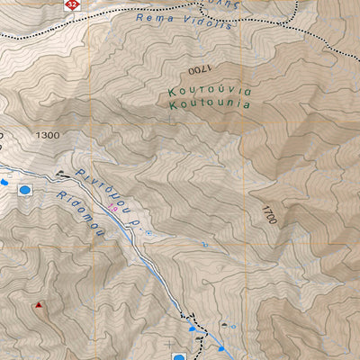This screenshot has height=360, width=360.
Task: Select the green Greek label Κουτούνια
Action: [x=208, y=92]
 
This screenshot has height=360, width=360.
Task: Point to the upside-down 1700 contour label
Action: [x=196, y=69]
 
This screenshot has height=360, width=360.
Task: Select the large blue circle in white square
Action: [x=24, y=190]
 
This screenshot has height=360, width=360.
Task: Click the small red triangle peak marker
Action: [x=39, y=305]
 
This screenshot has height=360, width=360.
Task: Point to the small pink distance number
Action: [x=112, y=209]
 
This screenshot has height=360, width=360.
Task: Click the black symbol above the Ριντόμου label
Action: [x=61, y=172]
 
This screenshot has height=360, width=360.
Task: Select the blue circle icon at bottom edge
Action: [x=192, y=331]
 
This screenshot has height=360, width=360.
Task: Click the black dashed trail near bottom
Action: [x=189, y=317]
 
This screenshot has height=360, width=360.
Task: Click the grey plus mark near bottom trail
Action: [x=170, y=343]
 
